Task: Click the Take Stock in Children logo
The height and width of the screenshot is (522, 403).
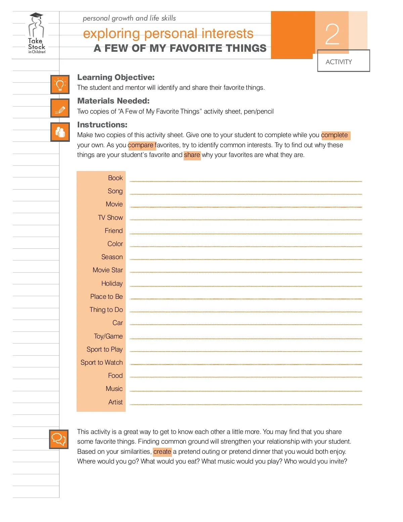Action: (x=36, y=34)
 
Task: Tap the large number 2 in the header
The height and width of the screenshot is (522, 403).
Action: (x=332, y=34)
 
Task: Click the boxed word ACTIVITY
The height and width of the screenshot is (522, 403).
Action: (x=339, y=62)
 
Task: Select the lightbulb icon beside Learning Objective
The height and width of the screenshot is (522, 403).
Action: (x=60, y=84)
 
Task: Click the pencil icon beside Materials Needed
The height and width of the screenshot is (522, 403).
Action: (x=60, y=108)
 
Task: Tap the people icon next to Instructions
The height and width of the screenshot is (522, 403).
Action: (x=60, y=132)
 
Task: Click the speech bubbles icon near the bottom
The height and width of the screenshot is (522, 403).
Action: (x=59, y=439)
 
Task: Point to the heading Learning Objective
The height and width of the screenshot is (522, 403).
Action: (x=116, y=77)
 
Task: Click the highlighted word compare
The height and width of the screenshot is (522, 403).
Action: (x=141, y=145)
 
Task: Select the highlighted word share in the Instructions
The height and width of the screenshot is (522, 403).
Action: (x=192, y=155)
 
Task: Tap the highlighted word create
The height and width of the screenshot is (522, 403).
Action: (x=162, y=452)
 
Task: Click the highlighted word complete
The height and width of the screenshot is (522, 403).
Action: (x=335, y=135)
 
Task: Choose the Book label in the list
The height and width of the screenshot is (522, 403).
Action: (x=115, y=178)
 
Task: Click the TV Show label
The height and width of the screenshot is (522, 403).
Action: (x=110, y=217)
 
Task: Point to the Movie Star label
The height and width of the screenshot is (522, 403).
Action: (x=107, y=270)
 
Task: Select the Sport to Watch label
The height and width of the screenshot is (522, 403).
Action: (x=101, y=362)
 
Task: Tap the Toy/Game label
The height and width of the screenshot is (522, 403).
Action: (x=108, y=336)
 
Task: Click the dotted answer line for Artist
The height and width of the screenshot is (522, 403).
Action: (x=246, y=404)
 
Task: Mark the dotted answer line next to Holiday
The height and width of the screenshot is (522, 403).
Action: (x=246, y=286)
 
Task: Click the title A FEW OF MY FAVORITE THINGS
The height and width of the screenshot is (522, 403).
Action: (x=180, y=48)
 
